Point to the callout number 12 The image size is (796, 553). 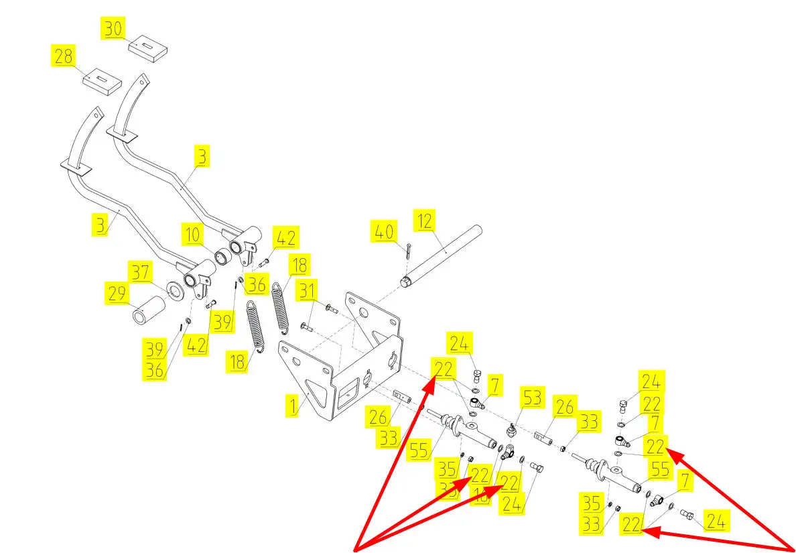[425, 220]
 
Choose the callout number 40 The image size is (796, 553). [383, 233]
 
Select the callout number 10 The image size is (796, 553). [192, 235]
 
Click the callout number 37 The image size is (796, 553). [141, 272]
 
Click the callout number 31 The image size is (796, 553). [308, 292]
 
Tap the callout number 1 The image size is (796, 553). [291, 406]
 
